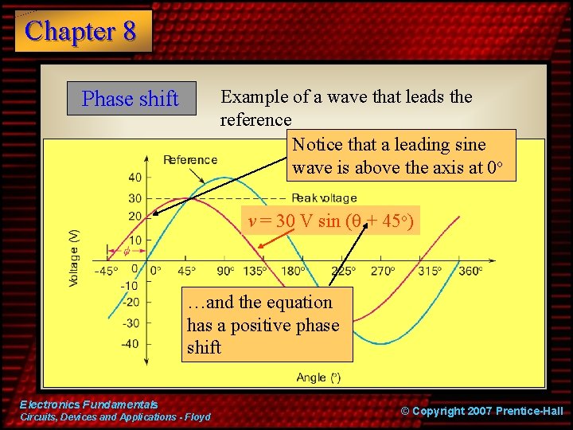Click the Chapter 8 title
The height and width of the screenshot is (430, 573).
[x=81, y=31]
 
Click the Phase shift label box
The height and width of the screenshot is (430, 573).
[x=131, y=99]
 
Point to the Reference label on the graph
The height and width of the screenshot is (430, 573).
[x=190, y=159]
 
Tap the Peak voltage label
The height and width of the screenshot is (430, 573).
[x=324, y=198]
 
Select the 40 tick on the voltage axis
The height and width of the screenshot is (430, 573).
[x=134, y=177]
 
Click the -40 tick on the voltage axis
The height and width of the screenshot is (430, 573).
[x=130, y=344]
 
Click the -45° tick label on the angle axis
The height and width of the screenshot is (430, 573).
[x=106, y=272]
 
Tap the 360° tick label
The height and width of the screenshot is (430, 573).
[x=470, y=272]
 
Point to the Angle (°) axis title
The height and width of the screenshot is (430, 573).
[x=318, y=377]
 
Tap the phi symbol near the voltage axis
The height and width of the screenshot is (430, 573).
[x=126, y=252]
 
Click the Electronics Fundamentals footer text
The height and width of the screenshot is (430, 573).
[x=88, y=405]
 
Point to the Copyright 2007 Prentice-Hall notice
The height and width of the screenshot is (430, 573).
[x=481, y=411]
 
